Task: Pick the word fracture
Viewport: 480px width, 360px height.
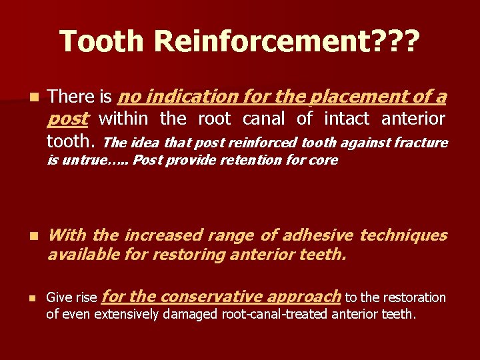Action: coord(421,143)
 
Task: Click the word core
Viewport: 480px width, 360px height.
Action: coord(324,160)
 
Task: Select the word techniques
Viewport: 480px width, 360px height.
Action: coord(403,235)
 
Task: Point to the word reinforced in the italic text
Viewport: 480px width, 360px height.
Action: coord(267,143)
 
